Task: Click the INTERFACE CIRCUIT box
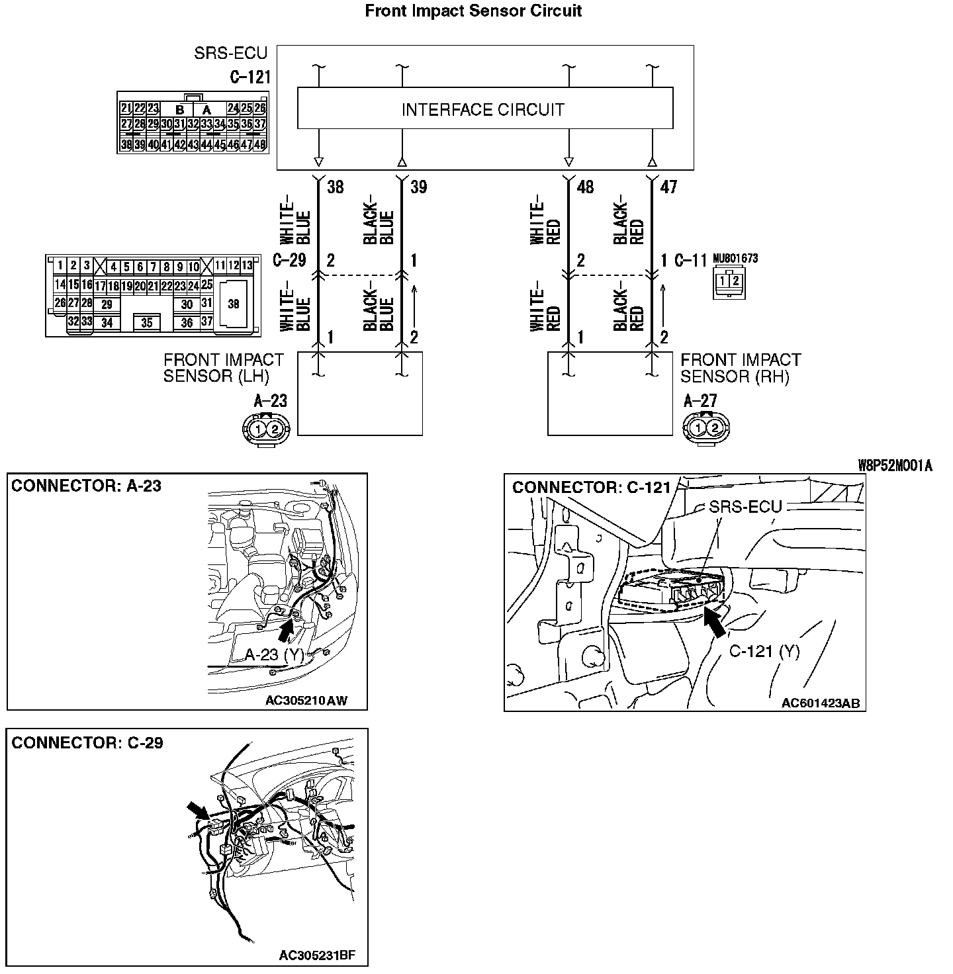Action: click(484, 109)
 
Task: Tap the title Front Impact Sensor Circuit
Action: click(473, 11)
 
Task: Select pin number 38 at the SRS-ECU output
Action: click(336, 187)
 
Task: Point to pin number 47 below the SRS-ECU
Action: click(668, 187)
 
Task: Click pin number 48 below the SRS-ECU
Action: click(585, 187)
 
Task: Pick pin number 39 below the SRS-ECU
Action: click(418, 187)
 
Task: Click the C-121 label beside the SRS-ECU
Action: click(250, 77)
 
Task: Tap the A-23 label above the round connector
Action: click(270, 400)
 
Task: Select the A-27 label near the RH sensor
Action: click(700, 400)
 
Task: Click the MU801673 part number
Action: click(735, 259)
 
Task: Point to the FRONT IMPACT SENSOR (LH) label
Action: click(224, 369)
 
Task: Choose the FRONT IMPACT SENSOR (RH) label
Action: click(741, 369)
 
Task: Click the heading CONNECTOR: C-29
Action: click(87, 742)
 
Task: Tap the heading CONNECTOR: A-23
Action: click(86, 486)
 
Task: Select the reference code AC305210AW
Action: click(306, 701)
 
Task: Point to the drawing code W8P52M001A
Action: click(895, 466)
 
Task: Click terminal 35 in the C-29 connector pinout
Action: click(147, 323)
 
